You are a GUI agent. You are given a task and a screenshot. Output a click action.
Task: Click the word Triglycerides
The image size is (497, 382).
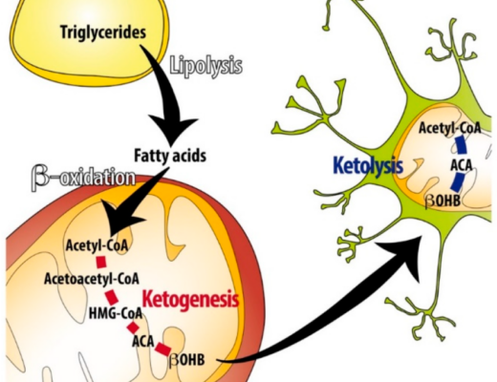pos(103,32)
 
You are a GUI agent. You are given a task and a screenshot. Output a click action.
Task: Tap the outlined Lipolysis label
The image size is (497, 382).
pos(206,66)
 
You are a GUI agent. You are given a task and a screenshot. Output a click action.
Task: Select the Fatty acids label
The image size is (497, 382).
pos(170,156)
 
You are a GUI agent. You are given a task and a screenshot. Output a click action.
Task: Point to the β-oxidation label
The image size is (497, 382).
pos(83,178)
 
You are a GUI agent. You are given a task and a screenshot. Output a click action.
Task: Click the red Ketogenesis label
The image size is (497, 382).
pos(190,299)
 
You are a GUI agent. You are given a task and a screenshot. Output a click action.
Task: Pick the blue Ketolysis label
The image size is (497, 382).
pos(368,165)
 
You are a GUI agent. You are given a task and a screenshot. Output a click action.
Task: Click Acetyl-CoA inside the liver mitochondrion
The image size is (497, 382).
pos(97,245)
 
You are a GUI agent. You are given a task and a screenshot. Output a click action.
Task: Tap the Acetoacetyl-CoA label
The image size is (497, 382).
pos(92,279)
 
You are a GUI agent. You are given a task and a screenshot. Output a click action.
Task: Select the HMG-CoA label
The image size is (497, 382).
pos(116,314)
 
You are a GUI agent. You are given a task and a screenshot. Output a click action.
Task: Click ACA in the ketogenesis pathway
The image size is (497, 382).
pos(143,342)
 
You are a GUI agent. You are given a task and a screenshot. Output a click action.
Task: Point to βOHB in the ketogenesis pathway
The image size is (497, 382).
pos(187,360)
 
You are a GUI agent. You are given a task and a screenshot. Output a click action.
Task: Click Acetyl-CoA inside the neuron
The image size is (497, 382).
pos(449,128)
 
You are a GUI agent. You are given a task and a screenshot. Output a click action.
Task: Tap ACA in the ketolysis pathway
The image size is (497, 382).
pos(462,165)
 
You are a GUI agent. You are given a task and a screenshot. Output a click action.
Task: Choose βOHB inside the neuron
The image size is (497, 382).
pos(443,201)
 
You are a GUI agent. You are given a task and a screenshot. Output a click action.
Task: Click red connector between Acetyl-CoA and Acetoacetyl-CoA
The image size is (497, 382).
pos(101,263)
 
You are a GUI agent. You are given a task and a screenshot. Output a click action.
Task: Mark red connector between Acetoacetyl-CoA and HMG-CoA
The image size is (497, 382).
pos(112,297)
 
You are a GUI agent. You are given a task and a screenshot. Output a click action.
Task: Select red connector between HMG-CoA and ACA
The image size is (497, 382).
pos(133,328)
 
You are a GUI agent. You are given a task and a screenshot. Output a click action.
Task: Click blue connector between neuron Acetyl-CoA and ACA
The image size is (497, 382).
pos(460,146)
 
